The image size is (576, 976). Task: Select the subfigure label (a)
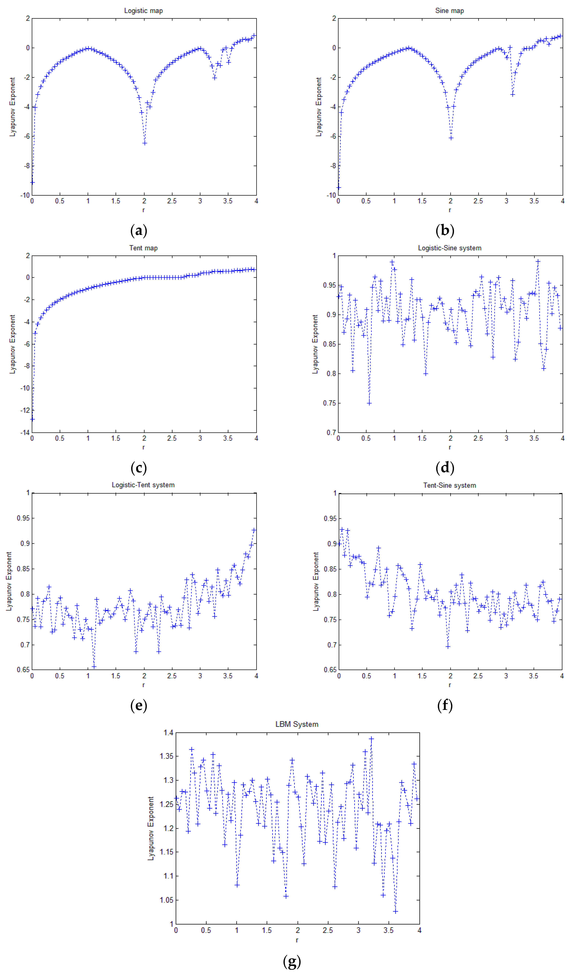(x=139, y=231)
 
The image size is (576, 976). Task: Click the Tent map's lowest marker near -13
(x=33, y=419)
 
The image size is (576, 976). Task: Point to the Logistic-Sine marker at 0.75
(x=369, y=403)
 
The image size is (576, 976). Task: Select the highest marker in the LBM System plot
(x=371, y=739)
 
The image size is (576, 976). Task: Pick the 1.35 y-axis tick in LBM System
(x=166, y=756)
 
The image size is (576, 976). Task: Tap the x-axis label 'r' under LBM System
(x=297, y=940)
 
